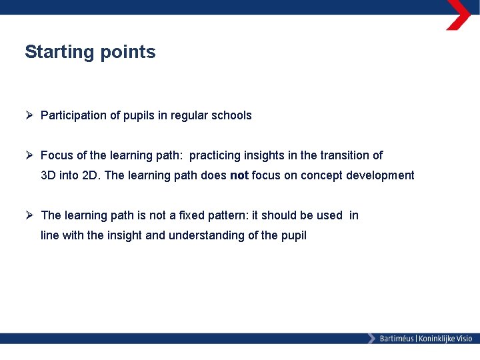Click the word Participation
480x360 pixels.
(x=73, y=115)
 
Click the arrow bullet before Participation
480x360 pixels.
(x=29, y=115)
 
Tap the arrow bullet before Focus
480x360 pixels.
(x=29, y=155)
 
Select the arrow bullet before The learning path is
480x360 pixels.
(x=29, y=215)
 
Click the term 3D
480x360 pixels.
(x=49, y=175)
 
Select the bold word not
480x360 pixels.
(x=239, y=175)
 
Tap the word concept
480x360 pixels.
(x=321, y=175)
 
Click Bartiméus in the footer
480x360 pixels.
(x=397, y=339)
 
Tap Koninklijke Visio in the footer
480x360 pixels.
(x=445, y=339)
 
